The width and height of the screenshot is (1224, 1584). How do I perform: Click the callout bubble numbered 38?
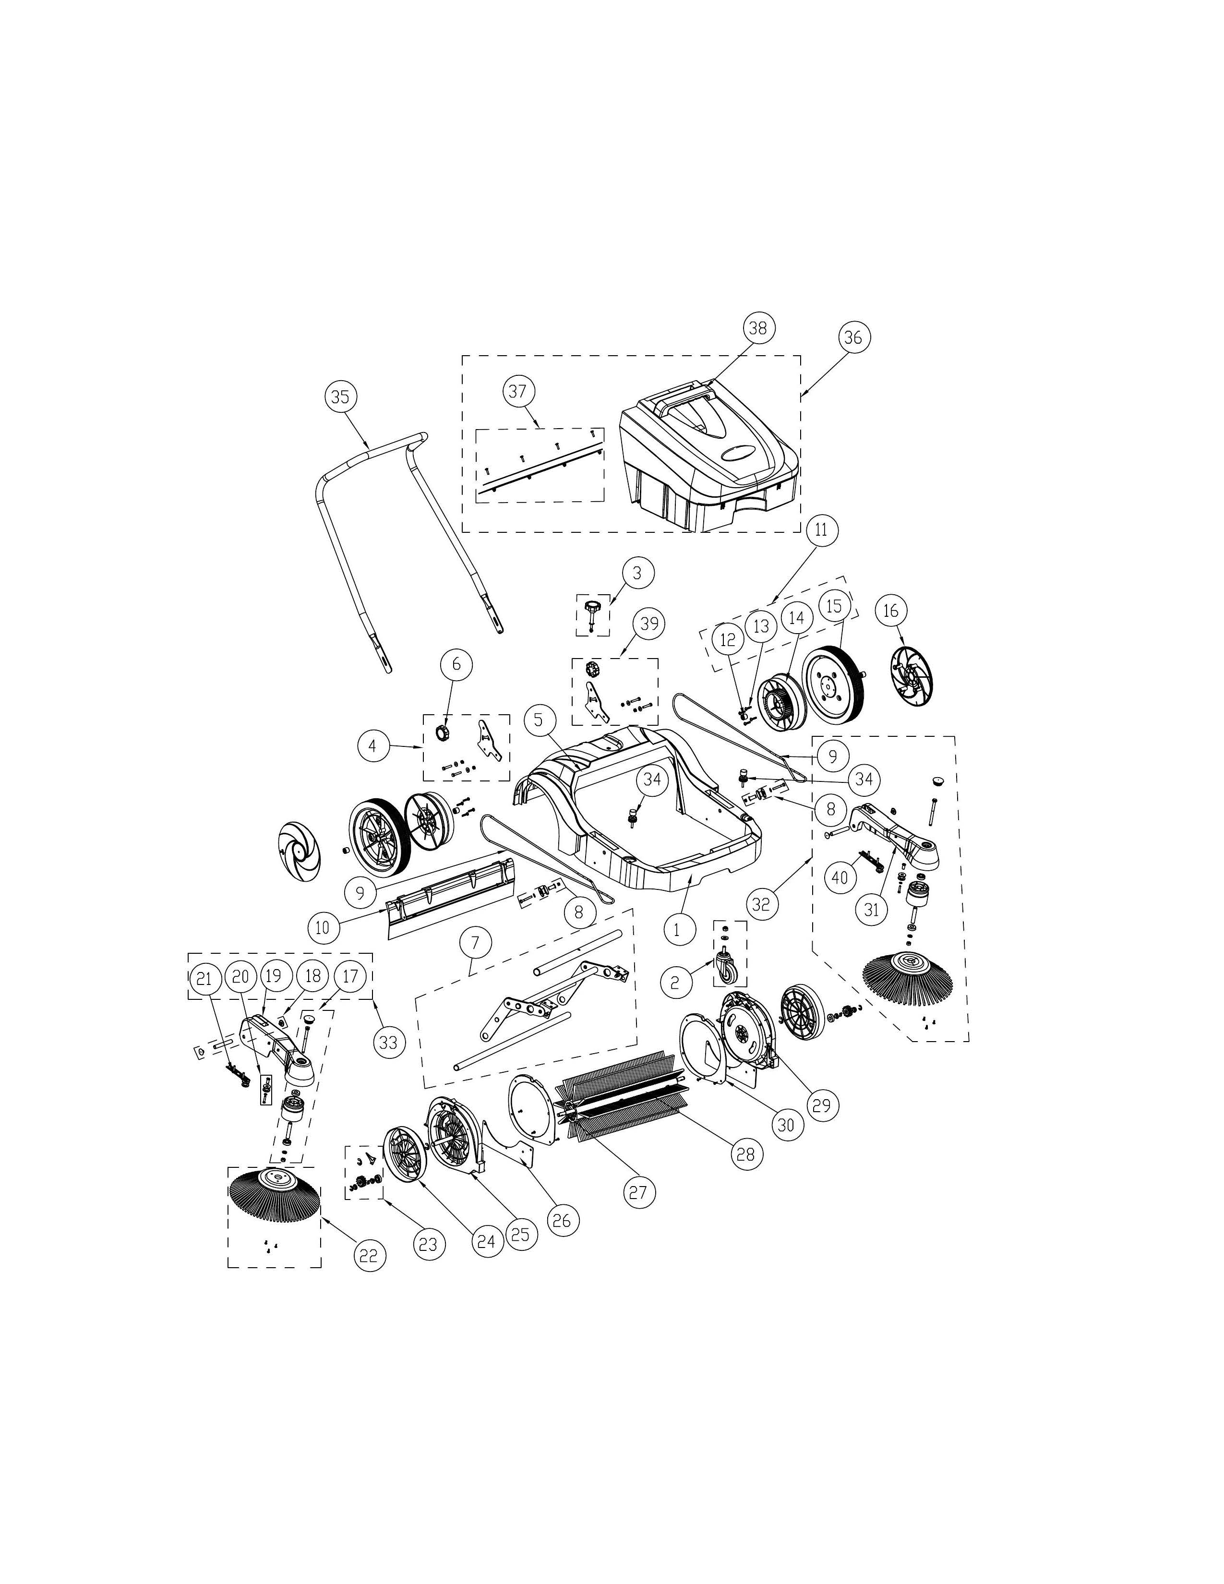click(x=757, y=328)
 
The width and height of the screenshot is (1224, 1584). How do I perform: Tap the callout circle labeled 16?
click(x=890, y=611)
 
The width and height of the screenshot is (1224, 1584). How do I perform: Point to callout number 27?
click(x=637, y=1192)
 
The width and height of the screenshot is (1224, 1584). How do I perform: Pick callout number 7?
click(x=476, y=943)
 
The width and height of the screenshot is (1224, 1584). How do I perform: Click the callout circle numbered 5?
click(x=538, y=720)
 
